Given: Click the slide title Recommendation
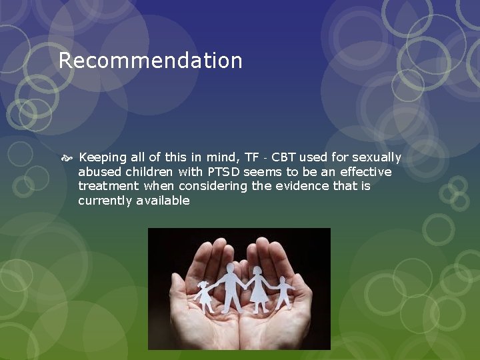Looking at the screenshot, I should [x=150, y=61].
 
